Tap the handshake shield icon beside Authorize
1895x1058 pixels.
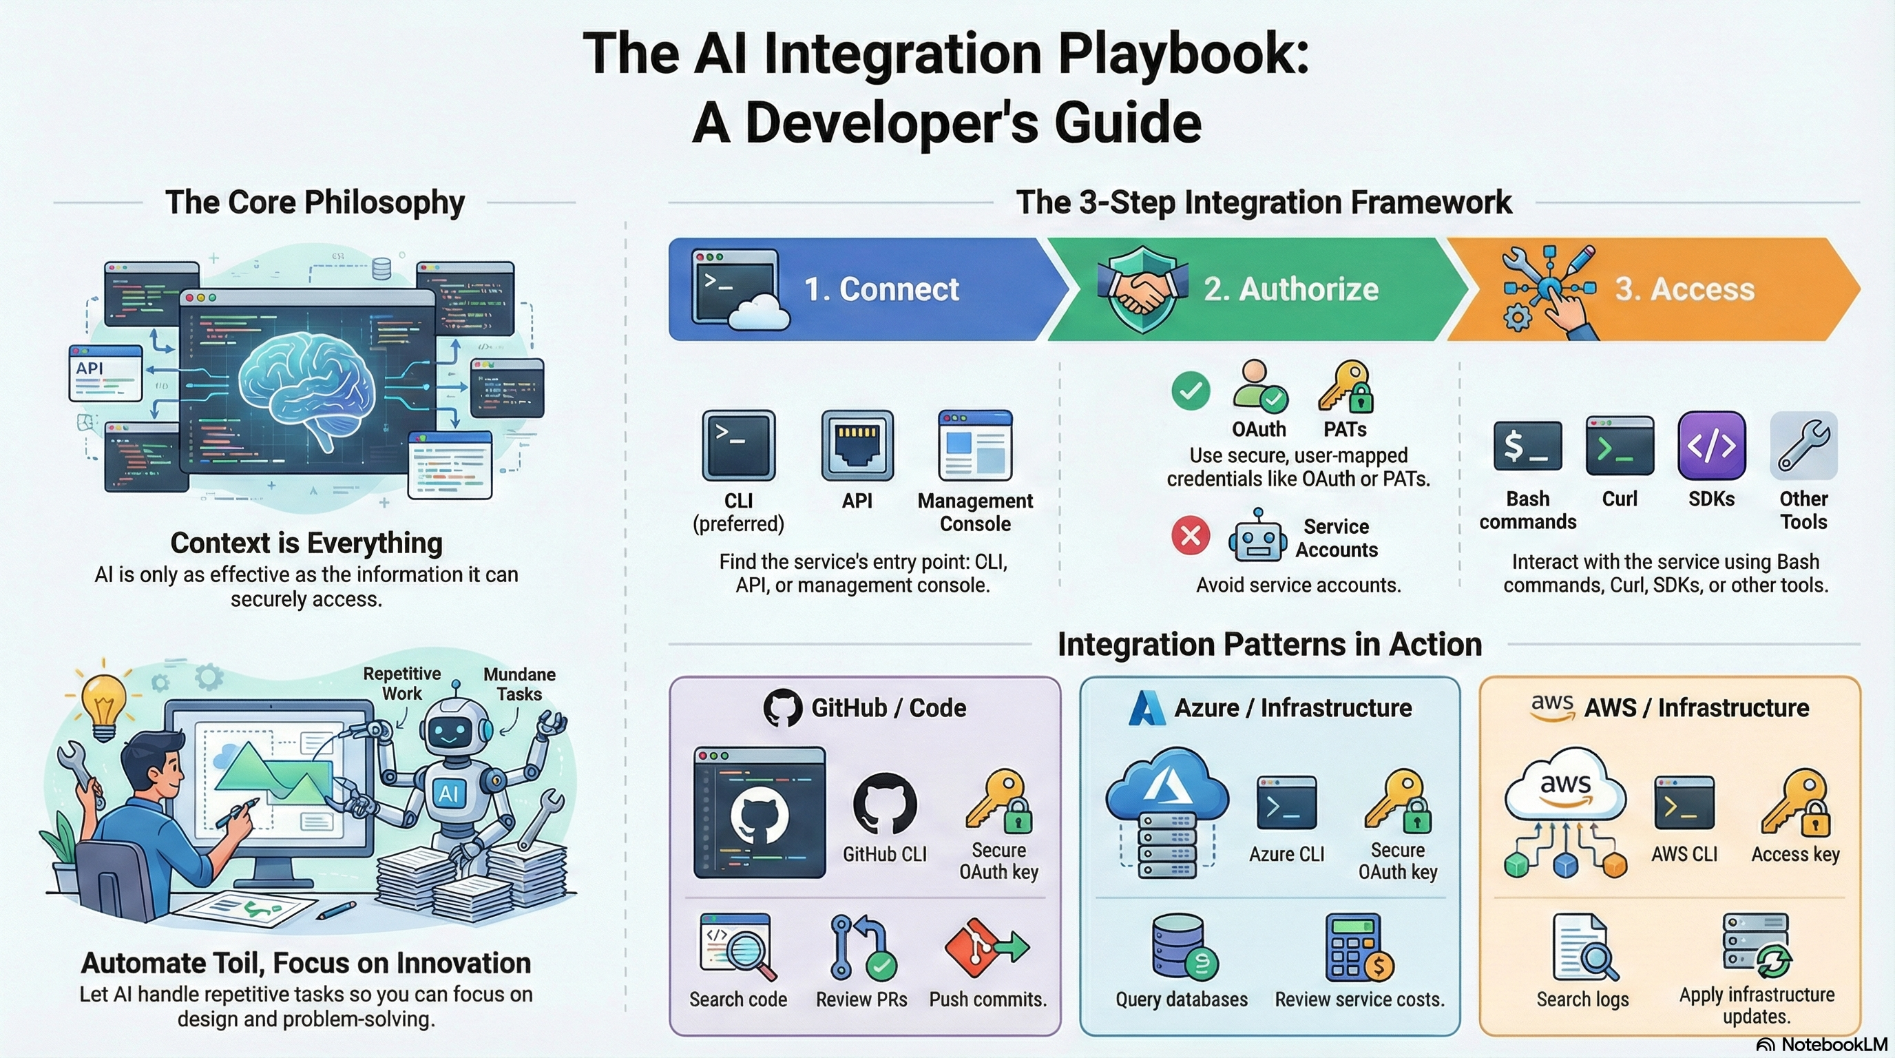pyautogui.click(x=1142, y=289)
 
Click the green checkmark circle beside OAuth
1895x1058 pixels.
pyautogui.click(x=1191, y=391)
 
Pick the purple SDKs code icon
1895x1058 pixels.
pyautogui.click(x=1711, y=446)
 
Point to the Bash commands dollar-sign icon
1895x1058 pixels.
pyautogui.click(x=1527, y=446)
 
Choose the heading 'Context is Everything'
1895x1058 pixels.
pyautogui.click(x=306, y=543)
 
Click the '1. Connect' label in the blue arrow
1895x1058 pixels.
pyautogui.click(x=881, y=289)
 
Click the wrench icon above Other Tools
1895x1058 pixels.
pyautogui.click(x=1803, y=446)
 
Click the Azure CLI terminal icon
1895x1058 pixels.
pyautogui.click(x=1286, y=804)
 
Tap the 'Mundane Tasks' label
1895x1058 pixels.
pyautogui.click(x=519, y=684)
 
